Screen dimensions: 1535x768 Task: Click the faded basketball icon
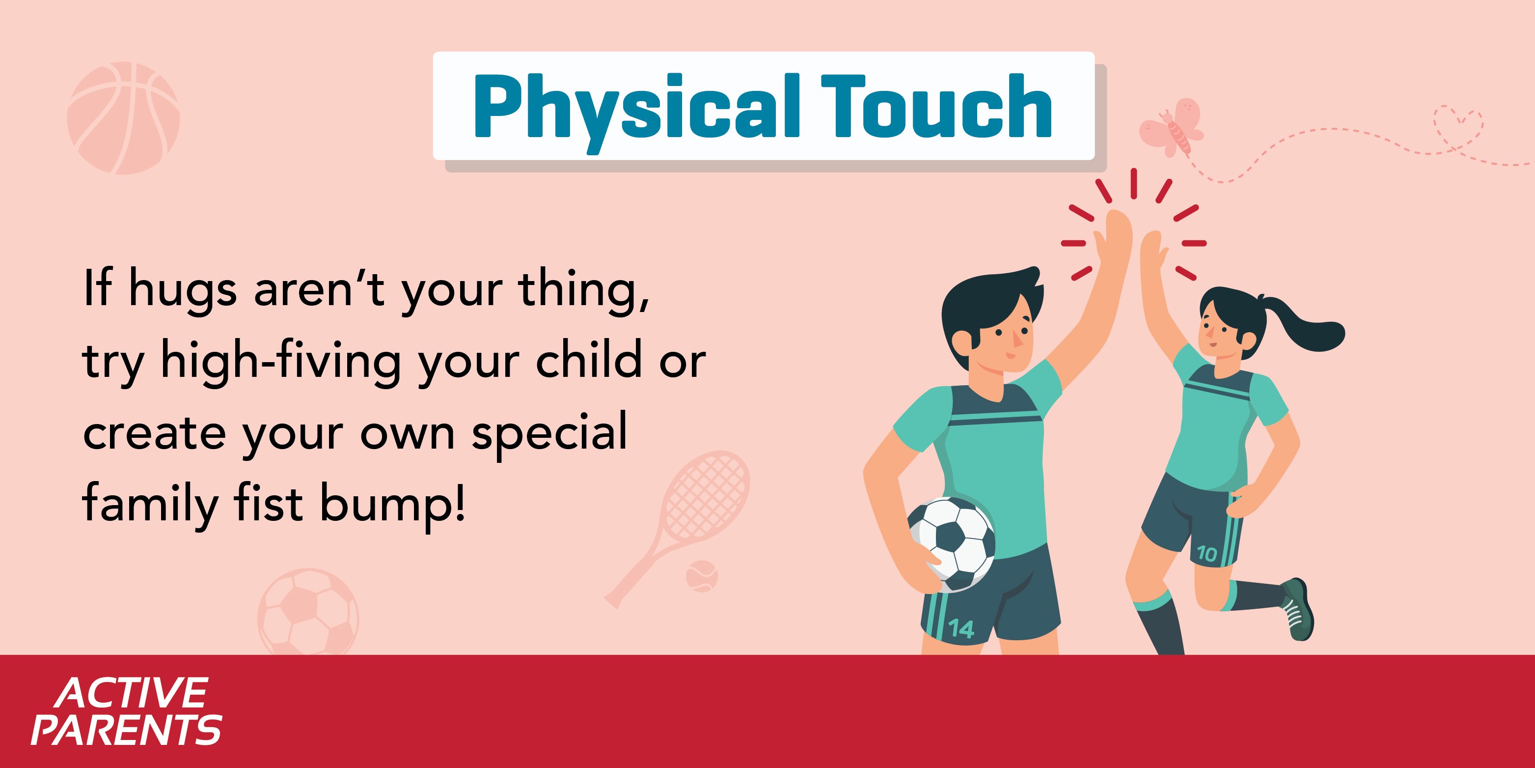(x=123, y=118)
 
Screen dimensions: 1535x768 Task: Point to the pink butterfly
(x=1172, y=128)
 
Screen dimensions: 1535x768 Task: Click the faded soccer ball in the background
(x=308, y=612)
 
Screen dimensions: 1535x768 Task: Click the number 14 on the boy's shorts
(x=960, y=628)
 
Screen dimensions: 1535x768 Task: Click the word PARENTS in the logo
(x=126, y=729)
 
